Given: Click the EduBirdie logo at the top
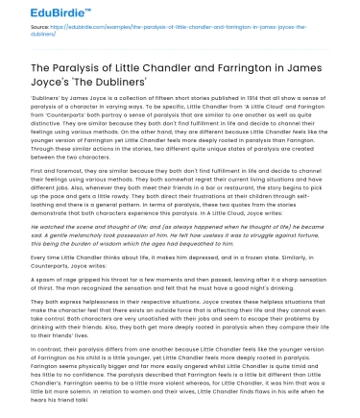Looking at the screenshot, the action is click(45, 11).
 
